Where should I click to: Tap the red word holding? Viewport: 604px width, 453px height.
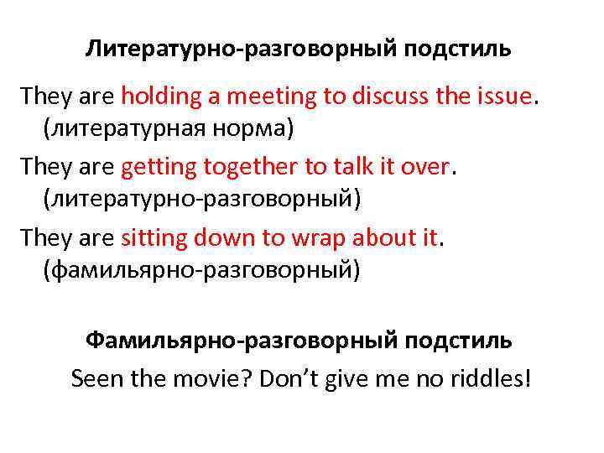pyautogui.click(x=159, y=96)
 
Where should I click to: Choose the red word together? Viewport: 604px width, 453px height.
pyautogui.click(x=242, y=169)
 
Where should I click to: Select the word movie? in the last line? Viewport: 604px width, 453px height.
pyautogui.click(x=214, y=377)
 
